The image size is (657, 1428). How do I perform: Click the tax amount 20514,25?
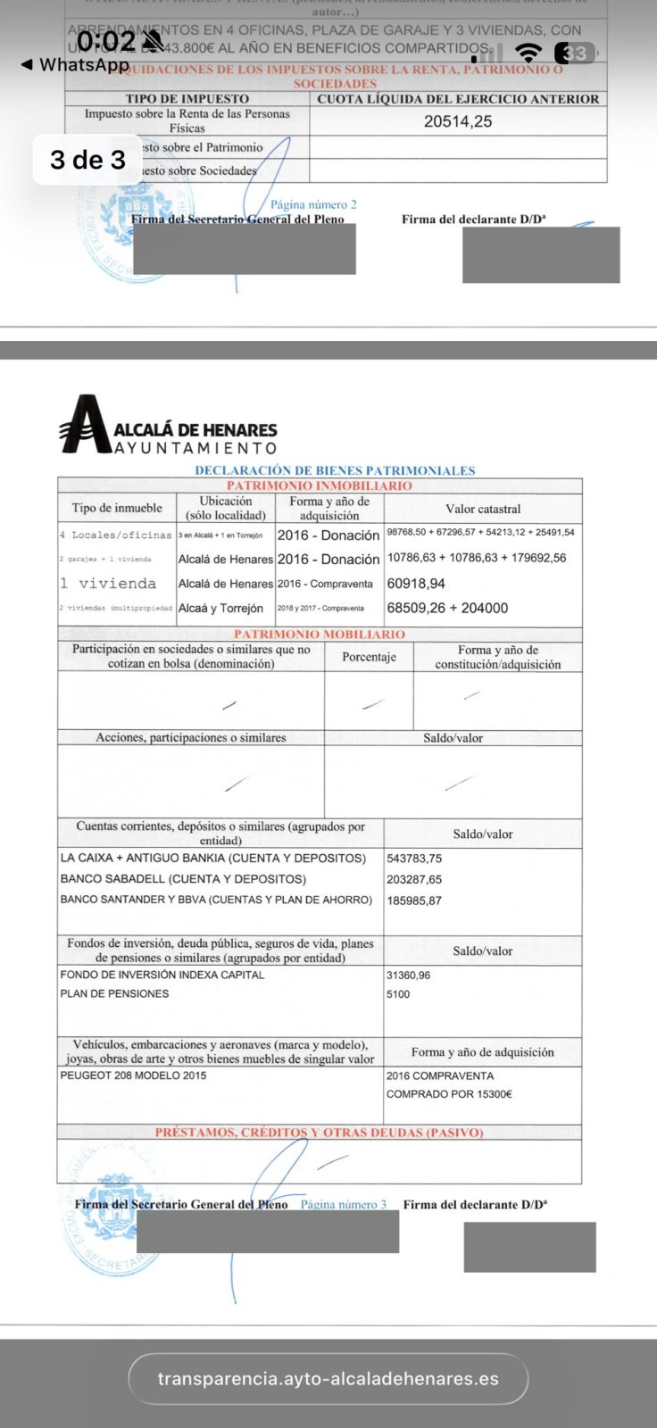457,121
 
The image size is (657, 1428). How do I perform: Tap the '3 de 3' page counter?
87,160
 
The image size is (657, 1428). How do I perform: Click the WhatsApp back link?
75,64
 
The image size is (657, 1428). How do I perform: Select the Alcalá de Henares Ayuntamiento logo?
168,425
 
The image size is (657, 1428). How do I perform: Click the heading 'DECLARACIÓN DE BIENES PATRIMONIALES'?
335,470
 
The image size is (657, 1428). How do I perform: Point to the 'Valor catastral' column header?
482,509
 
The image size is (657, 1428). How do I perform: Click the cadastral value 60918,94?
416,584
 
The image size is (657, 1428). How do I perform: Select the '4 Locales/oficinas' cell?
115,535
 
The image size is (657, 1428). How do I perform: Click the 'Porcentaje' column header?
369,657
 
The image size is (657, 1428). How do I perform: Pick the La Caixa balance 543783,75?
414,859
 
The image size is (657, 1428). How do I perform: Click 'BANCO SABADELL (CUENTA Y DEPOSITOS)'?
183,879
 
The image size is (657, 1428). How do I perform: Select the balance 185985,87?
414,901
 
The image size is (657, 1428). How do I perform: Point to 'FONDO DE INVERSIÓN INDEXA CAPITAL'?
162,975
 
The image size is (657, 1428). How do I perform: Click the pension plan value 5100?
398,994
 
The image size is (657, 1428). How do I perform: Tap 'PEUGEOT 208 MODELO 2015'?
133,1075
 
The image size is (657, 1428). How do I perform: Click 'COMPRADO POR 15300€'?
449,1094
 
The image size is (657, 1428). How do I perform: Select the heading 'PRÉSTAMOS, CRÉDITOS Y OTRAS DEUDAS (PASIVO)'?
319,1133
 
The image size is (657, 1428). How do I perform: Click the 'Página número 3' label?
344,1204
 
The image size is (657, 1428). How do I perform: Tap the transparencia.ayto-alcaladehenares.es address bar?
328,1379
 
